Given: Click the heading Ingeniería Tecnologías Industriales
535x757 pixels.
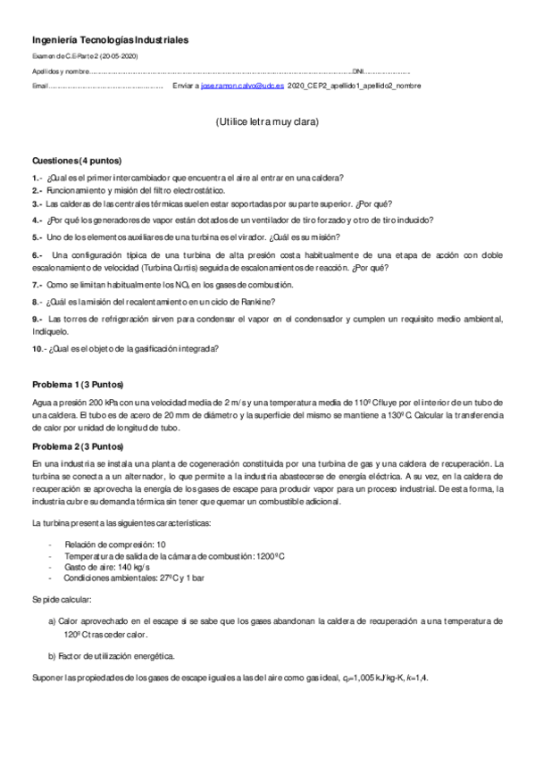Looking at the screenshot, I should tap(110, 40).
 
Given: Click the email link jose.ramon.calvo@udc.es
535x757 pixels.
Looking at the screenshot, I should tap(243, 86).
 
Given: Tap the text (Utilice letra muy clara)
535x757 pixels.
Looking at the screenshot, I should tap(267, 121).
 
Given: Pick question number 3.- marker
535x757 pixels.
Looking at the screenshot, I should tap(38, 204).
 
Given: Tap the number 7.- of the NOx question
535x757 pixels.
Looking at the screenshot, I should tap(38, 284).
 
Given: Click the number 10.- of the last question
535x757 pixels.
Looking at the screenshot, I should tap(39, 348).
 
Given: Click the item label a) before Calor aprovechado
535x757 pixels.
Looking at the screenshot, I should tap(52, 620).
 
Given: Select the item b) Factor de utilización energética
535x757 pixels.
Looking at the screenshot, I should tap(112, 656).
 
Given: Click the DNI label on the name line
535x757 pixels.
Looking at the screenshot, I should tap(358, 71).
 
